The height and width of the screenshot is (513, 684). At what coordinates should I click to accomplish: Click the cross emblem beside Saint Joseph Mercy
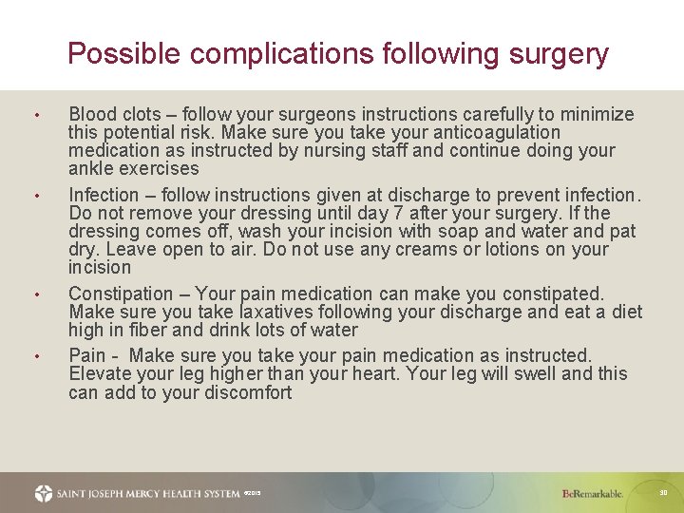(x=44, y=493)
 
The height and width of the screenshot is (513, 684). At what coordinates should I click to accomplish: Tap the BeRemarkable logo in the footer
(x=593, y=493)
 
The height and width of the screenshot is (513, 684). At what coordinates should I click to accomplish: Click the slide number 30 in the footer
(x=664, y=492)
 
